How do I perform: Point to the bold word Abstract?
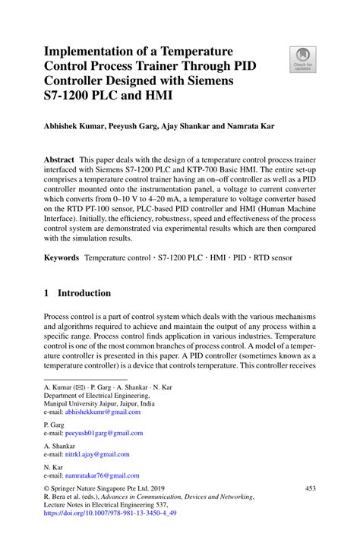pyautogui.click(x=58, y=160)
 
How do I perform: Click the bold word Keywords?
pyautogui.click(x=61, y=257)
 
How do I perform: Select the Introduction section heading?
pyautogui.click(x=84, y=293)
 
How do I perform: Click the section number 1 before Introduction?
pyautogui.click(x=47, y=293)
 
